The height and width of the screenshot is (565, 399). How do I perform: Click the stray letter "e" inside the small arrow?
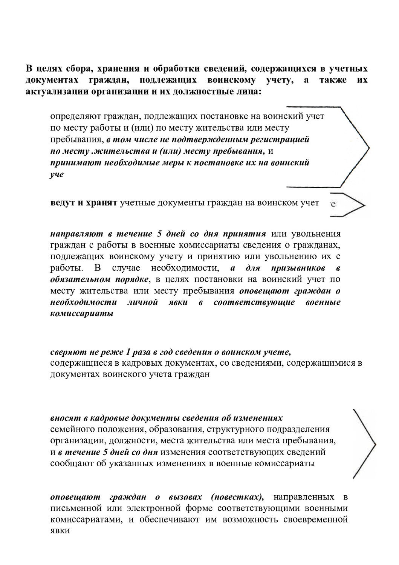(333, 205)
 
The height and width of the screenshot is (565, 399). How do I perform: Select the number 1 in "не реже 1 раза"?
(128, 352)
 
